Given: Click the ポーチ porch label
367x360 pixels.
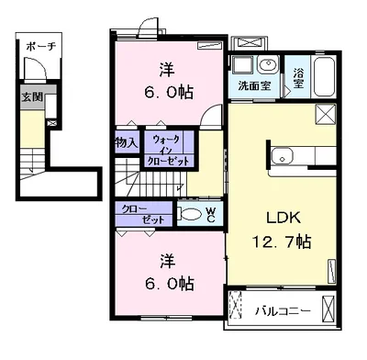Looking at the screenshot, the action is (x=41, y=47).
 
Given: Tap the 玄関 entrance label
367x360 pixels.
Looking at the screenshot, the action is (x=32, y=97).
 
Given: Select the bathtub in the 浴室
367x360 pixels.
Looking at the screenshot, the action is (x=324, y=76).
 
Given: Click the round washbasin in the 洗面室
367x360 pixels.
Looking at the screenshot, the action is (x=268, y=64).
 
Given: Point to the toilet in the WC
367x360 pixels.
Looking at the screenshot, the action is (x=189, y=214).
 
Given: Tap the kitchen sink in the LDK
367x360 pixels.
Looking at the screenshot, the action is (x=283, y=156).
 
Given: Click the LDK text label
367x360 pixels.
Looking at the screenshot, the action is (x=284, y=218).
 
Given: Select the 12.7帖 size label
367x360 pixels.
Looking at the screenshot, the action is (x=282, y=242).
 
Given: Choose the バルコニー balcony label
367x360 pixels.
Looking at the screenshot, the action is (x=283, y=311).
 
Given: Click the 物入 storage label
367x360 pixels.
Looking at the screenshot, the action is (x=127, y=142).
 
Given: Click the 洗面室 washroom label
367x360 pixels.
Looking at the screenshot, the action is (x=254, y=85).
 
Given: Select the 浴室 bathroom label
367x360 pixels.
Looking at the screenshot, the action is (x=298, y=78).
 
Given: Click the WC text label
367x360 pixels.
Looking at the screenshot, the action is (x=211, y=214).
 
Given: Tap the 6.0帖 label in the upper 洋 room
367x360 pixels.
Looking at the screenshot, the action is (x=169, y=92).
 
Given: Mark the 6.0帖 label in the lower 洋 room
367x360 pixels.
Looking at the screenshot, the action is (x=169, y=284).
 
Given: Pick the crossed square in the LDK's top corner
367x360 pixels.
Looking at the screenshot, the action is (x=326, y=113).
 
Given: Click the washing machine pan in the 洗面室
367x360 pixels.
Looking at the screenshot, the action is (x=242, y=65).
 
